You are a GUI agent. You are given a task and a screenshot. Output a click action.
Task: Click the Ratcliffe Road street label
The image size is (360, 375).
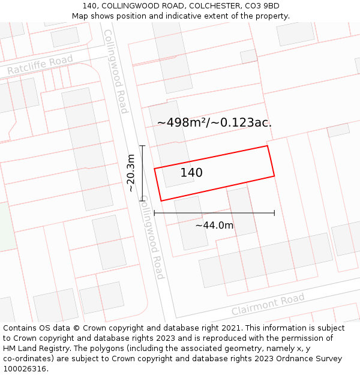click(x=40, y=65)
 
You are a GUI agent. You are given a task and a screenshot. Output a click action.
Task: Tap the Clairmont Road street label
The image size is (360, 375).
click(x=268, y=305)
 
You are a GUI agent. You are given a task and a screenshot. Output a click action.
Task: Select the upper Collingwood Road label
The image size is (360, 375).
click(x=116, y=71)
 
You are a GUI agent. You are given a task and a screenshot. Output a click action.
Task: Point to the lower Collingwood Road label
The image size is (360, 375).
click(x=152, y=238)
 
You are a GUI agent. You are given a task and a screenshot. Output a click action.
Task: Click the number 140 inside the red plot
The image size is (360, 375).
click(x=191, y=173)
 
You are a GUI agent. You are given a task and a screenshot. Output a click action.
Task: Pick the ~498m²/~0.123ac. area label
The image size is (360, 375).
click(x=214, y=122)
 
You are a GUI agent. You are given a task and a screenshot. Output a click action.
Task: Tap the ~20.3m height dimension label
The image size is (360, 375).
click(x=131, y=173)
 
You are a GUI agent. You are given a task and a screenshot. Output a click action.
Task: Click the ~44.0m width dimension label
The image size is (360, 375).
click(x=214, y=225)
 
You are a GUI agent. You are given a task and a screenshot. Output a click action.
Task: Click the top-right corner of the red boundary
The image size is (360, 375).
click(x=267, y=146)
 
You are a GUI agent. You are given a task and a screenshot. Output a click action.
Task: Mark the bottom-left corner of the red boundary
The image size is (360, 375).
click(x=161, y=201)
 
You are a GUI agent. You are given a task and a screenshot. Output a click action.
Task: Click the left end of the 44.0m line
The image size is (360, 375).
click(x=154, y=213)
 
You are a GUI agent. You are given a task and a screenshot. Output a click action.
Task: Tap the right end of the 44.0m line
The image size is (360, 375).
click(x=274, y=213)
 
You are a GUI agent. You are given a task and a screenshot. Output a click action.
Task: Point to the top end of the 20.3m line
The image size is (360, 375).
click(x=142, y=145)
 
